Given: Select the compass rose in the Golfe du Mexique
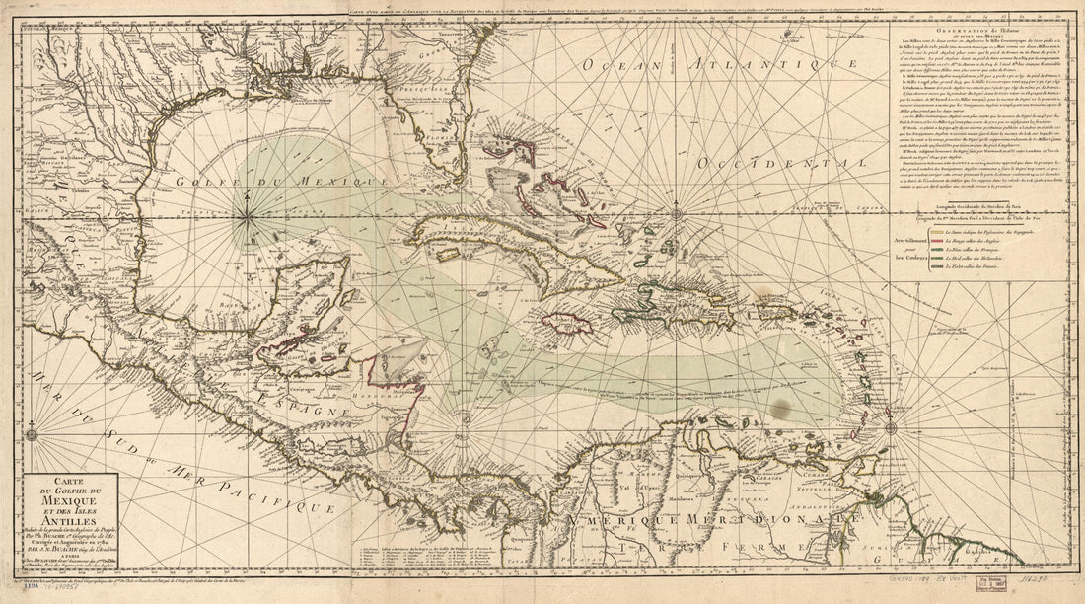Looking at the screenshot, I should coord(245,204).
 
